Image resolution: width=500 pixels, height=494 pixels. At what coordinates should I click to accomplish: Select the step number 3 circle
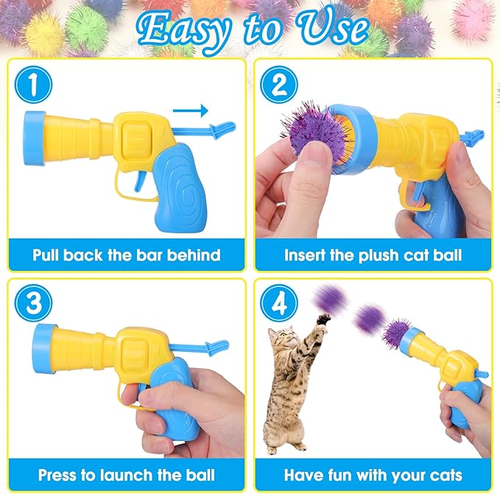[x=34, y=305]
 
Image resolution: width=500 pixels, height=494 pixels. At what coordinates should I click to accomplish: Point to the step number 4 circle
[x=278, y=305]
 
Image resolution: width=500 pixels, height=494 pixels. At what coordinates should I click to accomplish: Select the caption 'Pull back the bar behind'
[x=126, y=256]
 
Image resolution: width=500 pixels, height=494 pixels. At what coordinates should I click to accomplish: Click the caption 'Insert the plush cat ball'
[x=373, y=256]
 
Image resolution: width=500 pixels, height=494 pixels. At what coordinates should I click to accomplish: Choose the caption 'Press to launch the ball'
[x=126, y=475]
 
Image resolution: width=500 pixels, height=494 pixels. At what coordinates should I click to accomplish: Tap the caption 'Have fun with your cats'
[x=373, y=475]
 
